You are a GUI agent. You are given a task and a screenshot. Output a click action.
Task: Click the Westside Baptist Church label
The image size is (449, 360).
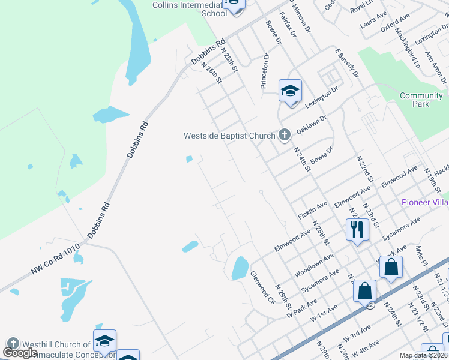click(229, 136)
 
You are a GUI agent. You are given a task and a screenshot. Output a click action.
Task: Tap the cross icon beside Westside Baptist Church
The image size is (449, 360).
click(285, 135)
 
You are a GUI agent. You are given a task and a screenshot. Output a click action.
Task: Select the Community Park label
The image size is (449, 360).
click(421, 100)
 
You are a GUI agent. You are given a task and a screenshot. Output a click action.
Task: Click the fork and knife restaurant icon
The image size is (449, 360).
click(357, 229)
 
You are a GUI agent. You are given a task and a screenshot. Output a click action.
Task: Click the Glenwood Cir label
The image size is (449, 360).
click(262, 286)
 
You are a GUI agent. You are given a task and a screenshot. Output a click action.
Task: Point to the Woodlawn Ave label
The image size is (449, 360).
click(313, 265)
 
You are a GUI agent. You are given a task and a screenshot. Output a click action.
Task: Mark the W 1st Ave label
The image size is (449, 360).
click(325, 316)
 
